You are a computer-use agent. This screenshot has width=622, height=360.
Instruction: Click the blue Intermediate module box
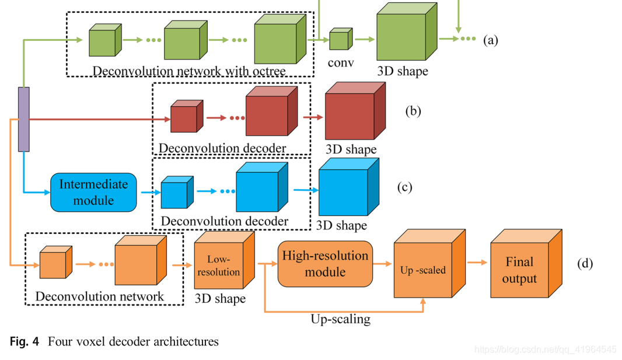click(93, 192)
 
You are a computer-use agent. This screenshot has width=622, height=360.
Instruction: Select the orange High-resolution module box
click(325, 264)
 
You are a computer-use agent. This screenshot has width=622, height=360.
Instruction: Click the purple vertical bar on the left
click(24, 119)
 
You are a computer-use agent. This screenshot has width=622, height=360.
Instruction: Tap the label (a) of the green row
click(490, 40)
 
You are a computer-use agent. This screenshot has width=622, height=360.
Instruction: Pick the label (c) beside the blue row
click(404, 187)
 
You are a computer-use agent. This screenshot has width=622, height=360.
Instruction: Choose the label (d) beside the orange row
click(585, 264)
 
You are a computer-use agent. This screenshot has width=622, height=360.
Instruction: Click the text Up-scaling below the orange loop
click(340, 319)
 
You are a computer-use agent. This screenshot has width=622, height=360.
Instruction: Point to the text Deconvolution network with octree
click(189, 72)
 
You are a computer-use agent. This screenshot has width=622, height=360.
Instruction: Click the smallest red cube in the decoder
click(185, 118)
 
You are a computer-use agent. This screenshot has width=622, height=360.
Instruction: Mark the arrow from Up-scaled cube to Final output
click(477, 263)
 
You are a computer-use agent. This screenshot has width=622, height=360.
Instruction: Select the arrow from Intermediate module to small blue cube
click(148, 191)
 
